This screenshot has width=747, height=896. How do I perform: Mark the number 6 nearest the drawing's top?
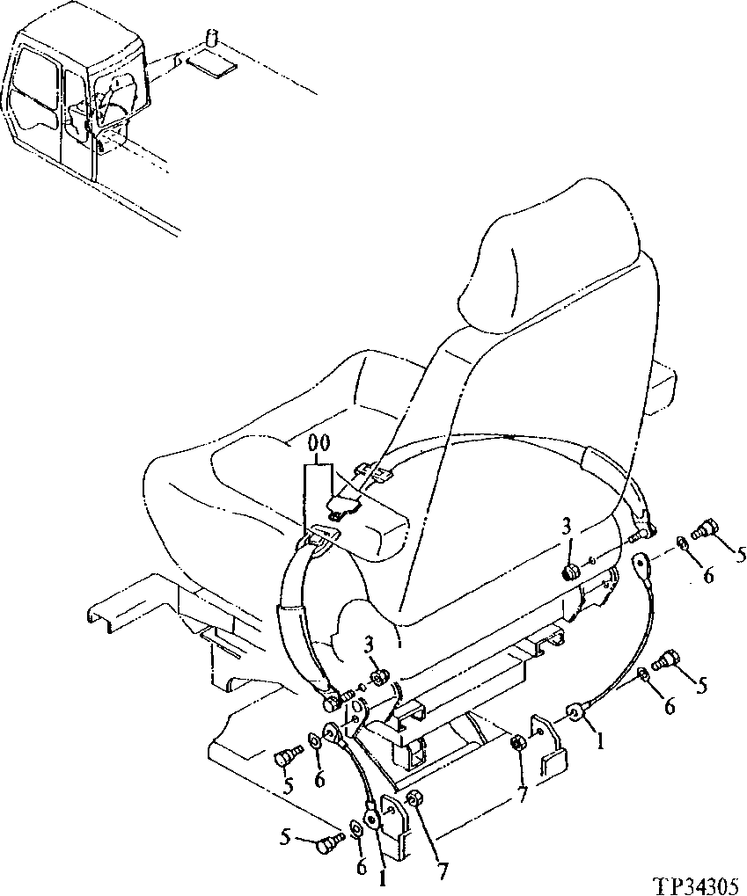(709, 576)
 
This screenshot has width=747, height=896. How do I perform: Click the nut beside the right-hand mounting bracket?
(518, 744)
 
